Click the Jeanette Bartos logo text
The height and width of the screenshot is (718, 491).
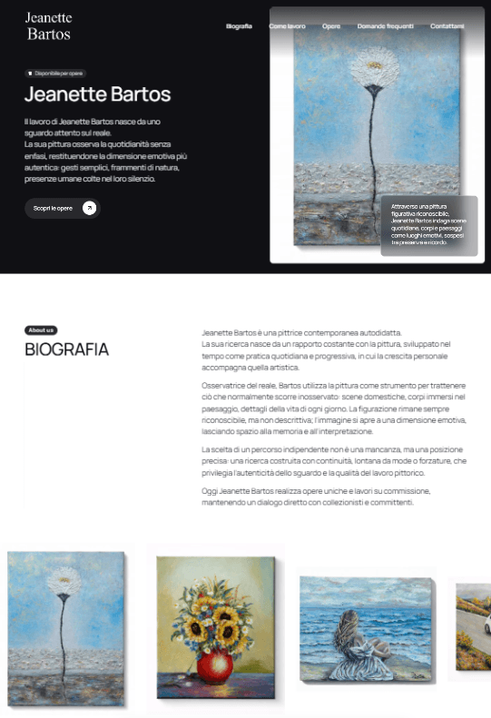[x=49, y=26]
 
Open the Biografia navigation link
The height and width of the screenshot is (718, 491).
[x=239, y=26]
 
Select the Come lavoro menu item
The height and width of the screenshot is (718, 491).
[x=287, y=26]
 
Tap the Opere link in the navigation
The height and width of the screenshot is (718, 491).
[x=331, y=26]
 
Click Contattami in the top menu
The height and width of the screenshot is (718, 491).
[x=447, y=26]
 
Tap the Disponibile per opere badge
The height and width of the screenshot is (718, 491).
[x=55, y=73]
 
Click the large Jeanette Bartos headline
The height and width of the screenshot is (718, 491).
[x=97, y=94]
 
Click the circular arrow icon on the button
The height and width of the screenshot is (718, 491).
[x=89, y=208]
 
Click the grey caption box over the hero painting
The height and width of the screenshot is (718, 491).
[x=428, y=224]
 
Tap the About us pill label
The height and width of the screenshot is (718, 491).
[x=41, y=330]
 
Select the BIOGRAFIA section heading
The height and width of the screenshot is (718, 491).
[x=66, y=349]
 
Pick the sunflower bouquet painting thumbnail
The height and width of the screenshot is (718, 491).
[x=214, y=626]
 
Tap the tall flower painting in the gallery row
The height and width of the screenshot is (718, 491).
[x=65, y=627]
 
